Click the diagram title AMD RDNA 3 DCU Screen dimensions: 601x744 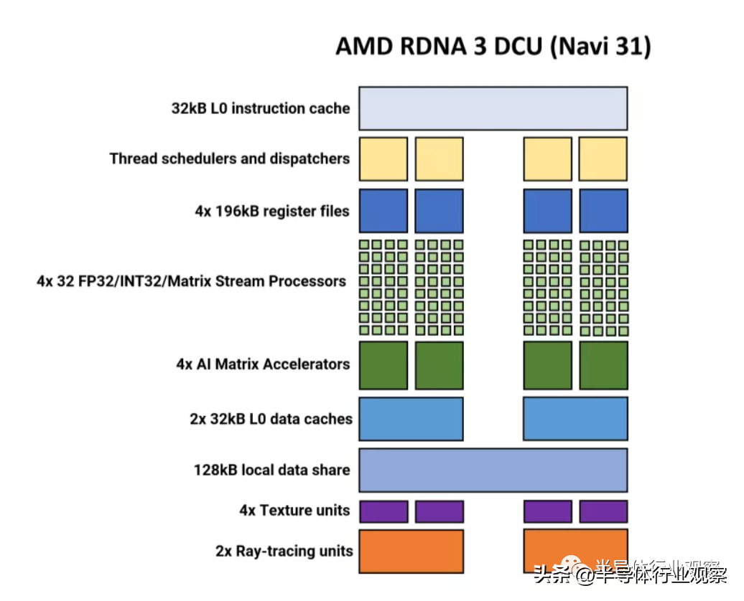point(493,47)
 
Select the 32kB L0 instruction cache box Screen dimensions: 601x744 point(493,108)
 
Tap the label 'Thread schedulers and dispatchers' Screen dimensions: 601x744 point(230,158)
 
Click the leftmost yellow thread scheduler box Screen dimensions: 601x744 point(383,159)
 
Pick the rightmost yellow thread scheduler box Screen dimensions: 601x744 point(603,159)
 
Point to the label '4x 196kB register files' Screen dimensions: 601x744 point(272,211)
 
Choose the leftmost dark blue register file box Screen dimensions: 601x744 point(383,211)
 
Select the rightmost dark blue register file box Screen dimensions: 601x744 point(603,211)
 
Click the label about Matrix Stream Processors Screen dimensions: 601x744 point(191,281)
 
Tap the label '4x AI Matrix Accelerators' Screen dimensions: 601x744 point(263,364)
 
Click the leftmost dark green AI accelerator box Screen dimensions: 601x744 point(383,365)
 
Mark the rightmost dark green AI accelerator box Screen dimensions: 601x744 point(603,365)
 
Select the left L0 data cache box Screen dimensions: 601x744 point(411,419)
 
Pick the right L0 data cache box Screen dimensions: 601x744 point(575,419)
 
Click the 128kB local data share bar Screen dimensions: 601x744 point(493,470)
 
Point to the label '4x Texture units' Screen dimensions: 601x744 point(294,511)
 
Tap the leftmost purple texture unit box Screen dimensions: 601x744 point(383,511)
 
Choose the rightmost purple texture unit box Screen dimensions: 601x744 point(603,511)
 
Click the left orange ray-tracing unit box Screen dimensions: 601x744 point(411,551)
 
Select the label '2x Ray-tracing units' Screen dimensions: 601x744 point(284,551)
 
